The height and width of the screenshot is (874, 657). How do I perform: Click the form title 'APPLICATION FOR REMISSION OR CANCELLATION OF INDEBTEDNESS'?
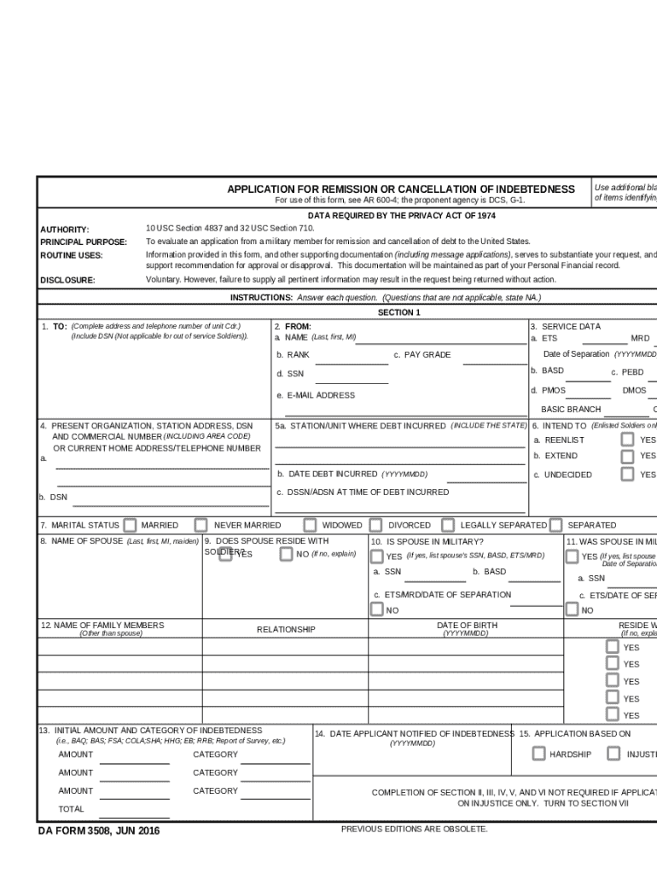click(400, 189)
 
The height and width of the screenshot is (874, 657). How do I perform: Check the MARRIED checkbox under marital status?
click(130, 525)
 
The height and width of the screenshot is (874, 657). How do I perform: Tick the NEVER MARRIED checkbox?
click(201, 525)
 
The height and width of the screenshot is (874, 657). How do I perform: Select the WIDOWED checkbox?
click(310, 525)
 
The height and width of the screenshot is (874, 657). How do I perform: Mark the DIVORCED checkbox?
click(376, 525)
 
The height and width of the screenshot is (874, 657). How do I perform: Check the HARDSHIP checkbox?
click(538, 754)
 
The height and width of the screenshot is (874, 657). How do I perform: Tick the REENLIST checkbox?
click(627, 439)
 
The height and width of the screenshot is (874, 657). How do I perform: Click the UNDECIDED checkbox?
click(627, 474)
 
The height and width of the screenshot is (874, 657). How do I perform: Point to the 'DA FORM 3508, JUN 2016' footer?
click(98, 831)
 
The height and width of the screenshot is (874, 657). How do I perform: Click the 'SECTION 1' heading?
click(399, 312)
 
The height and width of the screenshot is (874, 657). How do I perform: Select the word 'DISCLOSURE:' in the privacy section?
click(67, 280)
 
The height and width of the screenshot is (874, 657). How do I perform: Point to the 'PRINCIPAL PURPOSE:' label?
click(84, 242)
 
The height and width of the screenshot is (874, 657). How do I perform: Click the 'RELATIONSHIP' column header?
click(286, 630)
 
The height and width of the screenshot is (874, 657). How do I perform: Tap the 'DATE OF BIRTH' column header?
click(467, 626)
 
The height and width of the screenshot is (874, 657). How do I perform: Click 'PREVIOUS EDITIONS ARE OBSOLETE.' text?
click(415, 829)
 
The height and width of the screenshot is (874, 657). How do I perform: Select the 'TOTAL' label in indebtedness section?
click(71, 808)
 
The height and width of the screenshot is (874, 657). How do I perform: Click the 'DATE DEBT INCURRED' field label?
click(333, 474)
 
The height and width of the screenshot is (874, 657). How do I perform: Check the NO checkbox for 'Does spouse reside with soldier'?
click(287, 554)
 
